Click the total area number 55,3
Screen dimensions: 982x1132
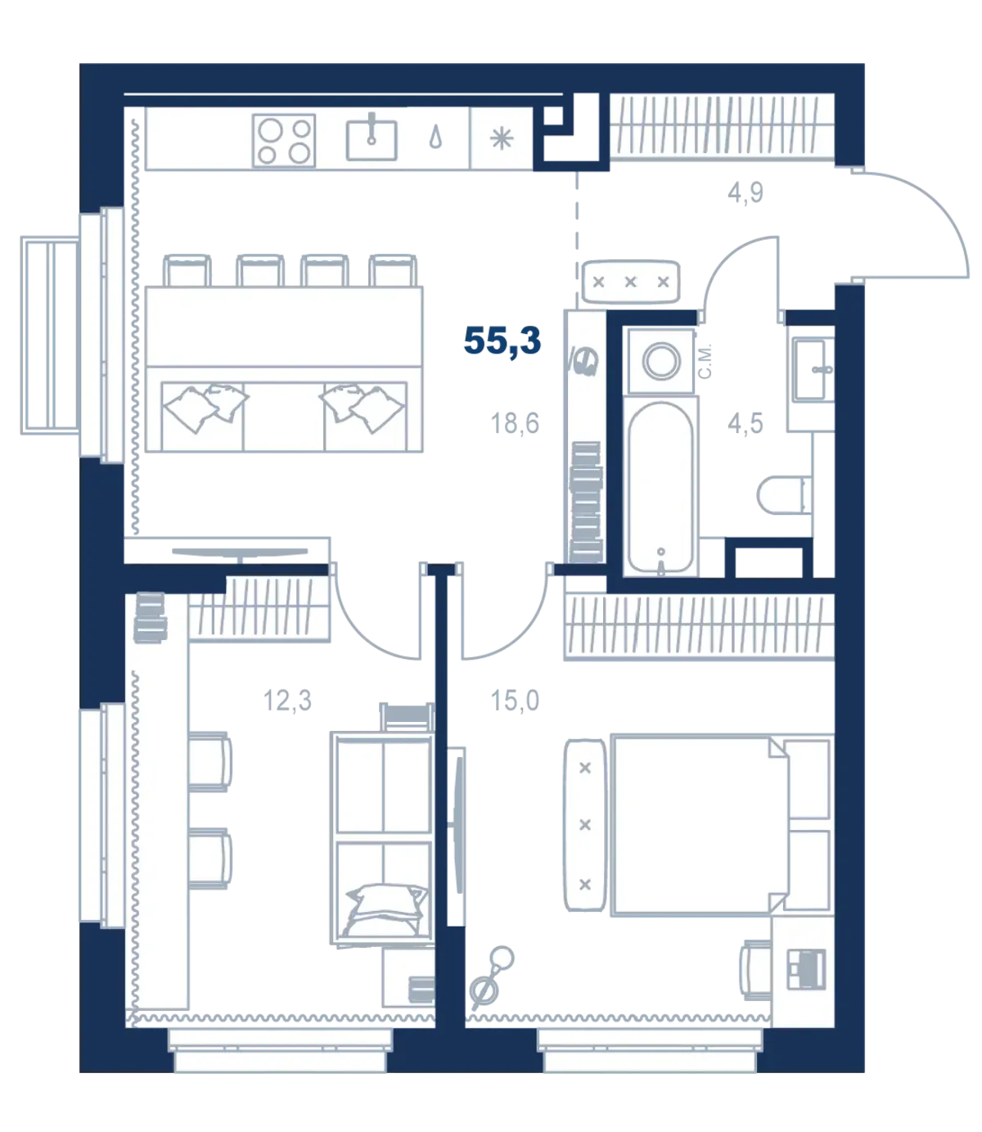coord(502,340)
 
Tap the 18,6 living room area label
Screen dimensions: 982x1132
coord(514,423)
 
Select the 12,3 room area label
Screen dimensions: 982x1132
coord(287,701)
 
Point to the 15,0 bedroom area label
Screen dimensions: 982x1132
coord(514,701)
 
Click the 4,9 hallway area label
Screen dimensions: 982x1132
coord(745,193)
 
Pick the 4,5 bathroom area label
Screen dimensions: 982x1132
coord(745,423)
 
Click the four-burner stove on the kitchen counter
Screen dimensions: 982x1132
coord(284,141)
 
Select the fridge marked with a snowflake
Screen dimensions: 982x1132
coord(501,138)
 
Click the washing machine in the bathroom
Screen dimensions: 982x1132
coord(661,361)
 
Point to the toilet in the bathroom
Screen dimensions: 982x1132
coord(785,495)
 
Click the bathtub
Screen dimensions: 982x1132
coord(660,488)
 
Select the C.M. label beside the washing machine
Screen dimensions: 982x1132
coord(705,361)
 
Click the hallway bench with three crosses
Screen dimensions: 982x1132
coord(630,282)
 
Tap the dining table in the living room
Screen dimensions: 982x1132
coord(284,327)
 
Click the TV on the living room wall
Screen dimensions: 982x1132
coord(240,552)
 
